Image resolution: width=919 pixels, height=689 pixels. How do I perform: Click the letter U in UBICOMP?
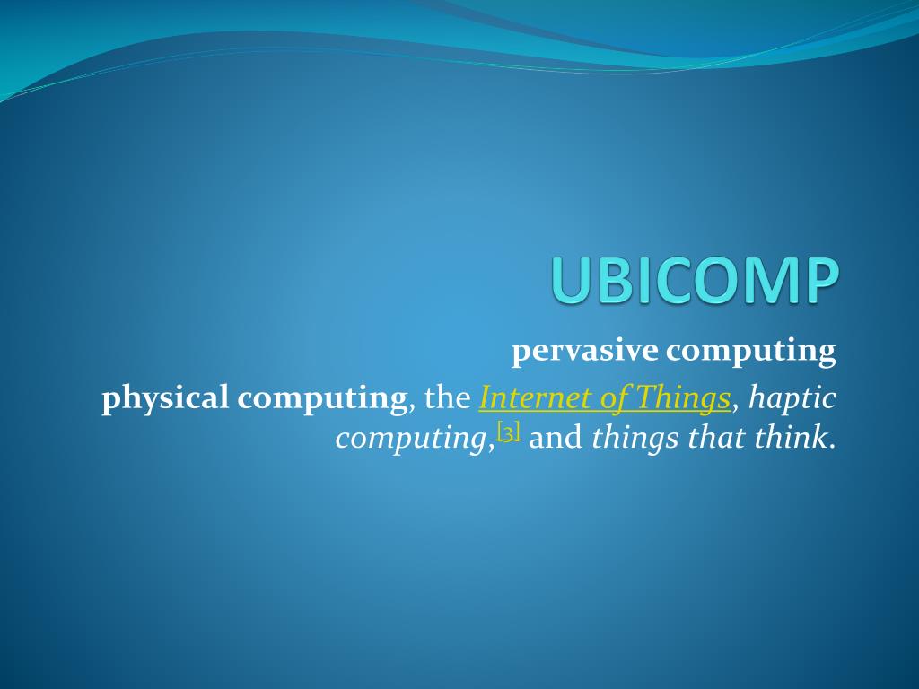pos(571,281)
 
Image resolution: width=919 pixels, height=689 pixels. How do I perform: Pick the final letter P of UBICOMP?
pos(820,281)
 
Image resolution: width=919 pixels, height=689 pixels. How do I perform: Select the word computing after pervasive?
pos(750,352)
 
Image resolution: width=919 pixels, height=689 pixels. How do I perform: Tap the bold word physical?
pos(166,398)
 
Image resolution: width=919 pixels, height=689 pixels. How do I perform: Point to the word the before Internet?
pos(447,397)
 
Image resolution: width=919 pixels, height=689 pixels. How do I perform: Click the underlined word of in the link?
pos(612,397)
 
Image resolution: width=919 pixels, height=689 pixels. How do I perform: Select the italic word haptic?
pos(792,398)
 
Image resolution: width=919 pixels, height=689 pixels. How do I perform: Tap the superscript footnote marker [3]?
pos(509,433)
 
